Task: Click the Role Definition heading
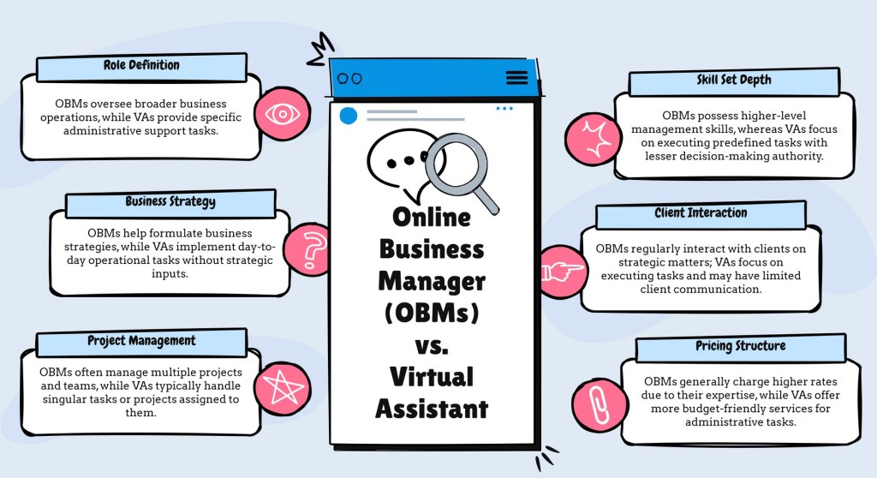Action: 141,65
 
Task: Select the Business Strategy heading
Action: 170,202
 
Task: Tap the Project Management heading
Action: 141,341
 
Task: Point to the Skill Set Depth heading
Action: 733,81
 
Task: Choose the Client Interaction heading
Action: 701,213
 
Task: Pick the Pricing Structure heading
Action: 740,347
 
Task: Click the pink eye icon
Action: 281,113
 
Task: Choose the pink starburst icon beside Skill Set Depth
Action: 594,137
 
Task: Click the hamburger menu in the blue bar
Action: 517,78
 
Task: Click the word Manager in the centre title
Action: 432,279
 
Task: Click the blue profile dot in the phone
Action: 349,115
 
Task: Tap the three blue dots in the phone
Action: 504,109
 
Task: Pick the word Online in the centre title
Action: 432,216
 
